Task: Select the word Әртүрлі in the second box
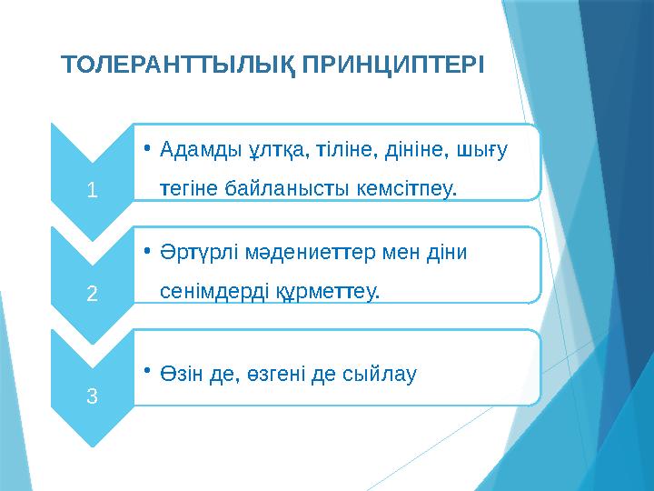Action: (193, 252)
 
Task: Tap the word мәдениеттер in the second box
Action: (292, 252)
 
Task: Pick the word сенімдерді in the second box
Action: (207, 293)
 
